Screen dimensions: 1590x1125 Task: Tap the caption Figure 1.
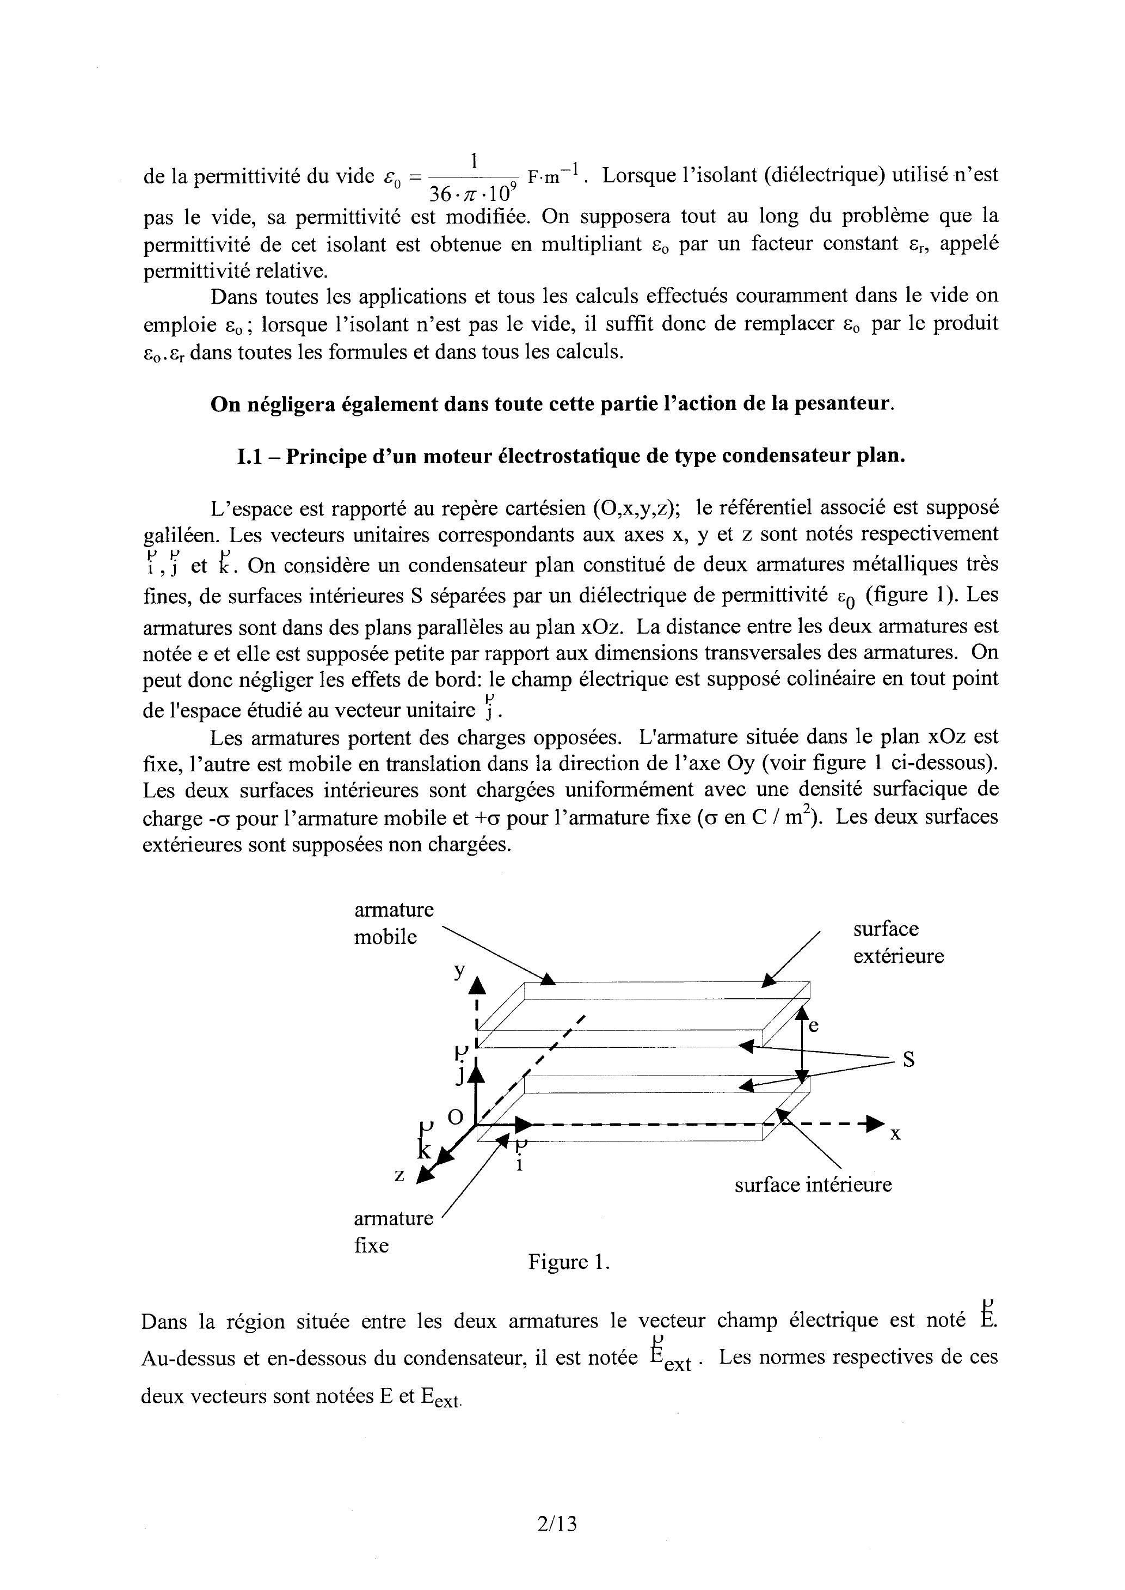tap(569, 1262)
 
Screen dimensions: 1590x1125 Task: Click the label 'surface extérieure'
tap(898, 942)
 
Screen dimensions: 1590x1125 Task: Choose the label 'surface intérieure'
tap(813, 1184)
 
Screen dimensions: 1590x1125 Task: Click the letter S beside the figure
tap(908, 1060)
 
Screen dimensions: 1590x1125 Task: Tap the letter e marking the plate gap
tap(814, 1026)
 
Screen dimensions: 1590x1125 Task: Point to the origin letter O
tap(455, 1117)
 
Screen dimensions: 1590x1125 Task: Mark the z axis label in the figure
tap(399, 1175)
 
